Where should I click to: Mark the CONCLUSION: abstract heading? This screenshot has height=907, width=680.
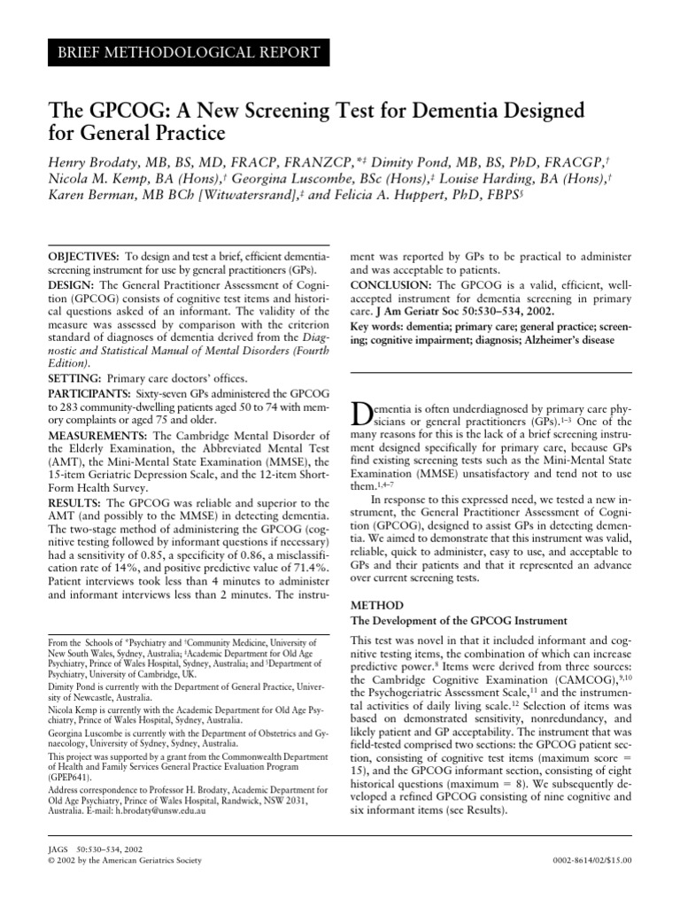tap(392, 285)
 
